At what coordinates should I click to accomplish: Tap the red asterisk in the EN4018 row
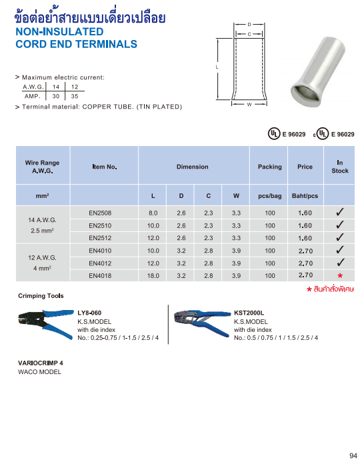coord(340,275)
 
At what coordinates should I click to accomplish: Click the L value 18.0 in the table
coord(153,275)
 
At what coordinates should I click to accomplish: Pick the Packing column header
coord(269,167)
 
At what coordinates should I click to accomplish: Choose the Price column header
coord(305,167)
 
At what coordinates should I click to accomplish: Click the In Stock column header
coord(340,167)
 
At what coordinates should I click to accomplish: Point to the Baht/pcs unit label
coord(305,196)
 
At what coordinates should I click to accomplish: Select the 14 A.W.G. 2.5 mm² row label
coord(42,225)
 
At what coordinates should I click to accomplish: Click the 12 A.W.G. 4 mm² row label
coord(42,263)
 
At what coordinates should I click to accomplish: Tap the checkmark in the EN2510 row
coord(340,225)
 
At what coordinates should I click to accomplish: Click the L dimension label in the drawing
coord(217,67)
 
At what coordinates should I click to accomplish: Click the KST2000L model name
coord(249,312)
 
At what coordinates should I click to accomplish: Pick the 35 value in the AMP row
coord(75,96)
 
